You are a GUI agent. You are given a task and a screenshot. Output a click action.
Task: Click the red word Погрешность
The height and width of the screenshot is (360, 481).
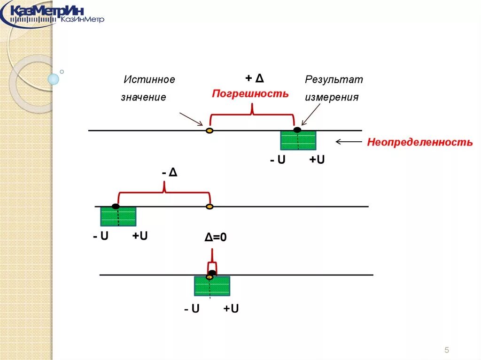(250, 93)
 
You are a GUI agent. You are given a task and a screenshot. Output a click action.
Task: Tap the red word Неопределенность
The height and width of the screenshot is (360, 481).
(419, 142)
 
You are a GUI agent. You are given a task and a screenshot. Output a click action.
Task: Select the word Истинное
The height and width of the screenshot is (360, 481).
(149, 80)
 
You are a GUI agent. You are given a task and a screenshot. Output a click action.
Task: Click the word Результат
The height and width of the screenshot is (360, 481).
(334, 79)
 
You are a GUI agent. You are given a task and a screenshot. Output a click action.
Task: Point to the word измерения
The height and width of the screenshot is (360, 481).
(332, 98)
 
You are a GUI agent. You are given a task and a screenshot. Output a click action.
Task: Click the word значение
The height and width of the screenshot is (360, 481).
(143, 98)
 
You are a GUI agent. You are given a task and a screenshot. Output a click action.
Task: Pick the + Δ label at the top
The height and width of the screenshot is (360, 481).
(254, 78)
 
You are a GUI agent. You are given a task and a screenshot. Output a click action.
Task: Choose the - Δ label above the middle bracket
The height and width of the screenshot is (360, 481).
(169, 173)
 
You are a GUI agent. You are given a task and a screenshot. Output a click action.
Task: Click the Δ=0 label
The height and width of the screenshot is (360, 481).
(216, 238)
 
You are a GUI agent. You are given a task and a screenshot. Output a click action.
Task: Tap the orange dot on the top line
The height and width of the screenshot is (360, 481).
(209, 130)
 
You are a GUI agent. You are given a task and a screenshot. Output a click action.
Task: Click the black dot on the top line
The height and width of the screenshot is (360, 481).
(297, 130)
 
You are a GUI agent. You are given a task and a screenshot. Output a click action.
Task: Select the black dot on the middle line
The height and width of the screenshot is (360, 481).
(116, 206)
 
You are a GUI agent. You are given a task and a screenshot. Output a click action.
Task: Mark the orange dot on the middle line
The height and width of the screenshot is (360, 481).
(210, 207)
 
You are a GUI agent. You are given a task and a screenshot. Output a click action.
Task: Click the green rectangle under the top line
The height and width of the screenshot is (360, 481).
(298, 140)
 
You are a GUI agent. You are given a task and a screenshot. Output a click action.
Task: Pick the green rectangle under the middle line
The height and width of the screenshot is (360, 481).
(118, 216)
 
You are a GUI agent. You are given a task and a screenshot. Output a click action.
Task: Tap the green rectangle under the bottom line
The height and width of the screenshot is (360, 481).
(212, 286)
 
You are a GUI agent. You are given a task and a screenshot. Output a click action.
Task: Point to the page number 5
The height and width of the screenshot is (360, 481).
(446, 350)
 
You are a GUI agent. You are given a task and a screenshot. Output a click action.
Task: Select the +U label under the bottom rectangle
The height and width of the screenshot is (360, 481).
(231, 309)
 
